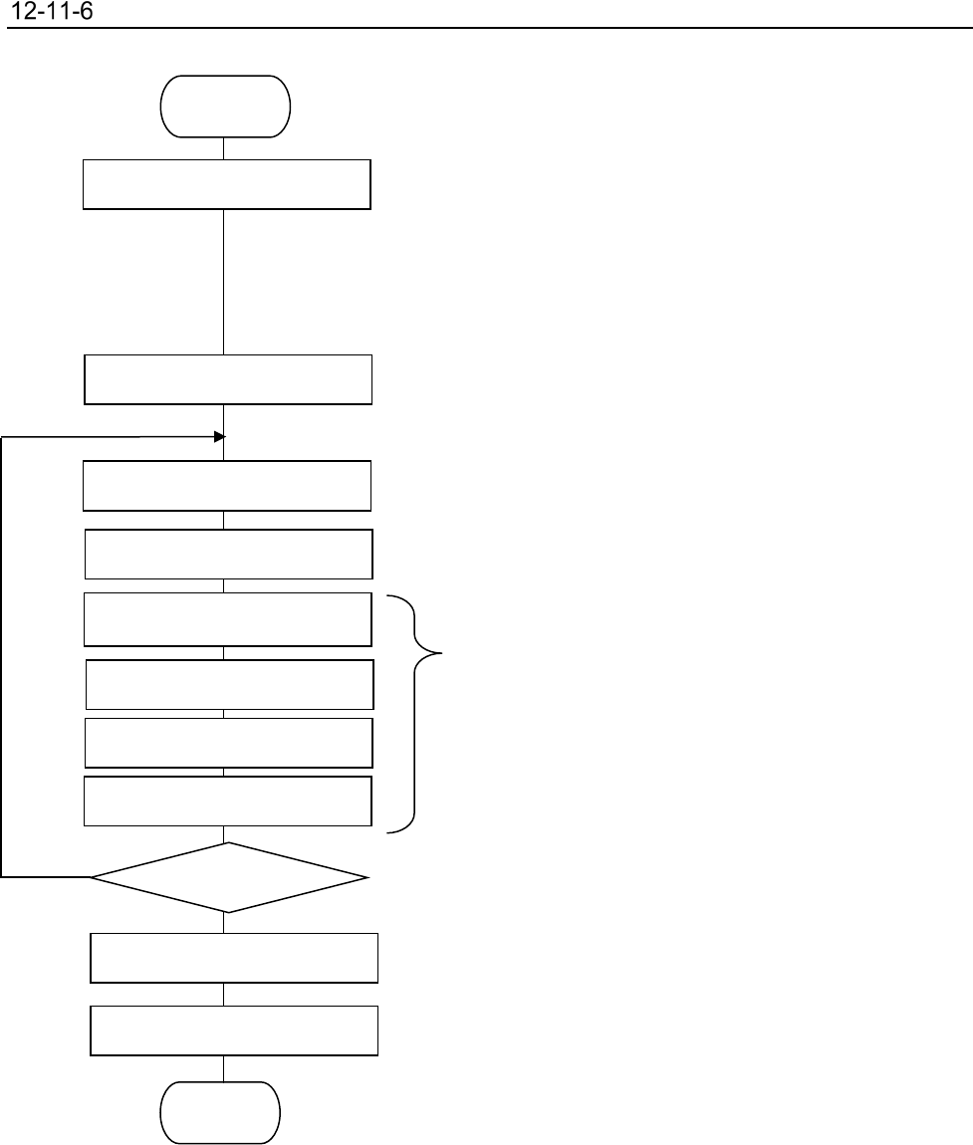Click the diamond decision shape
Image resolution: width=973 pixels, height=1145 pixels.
[229, 877]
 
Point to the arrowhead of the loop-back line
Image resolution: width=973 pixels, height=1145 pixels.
[220, 436]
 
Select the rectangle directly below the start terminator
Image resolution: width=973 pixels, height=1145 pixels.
[227, 183]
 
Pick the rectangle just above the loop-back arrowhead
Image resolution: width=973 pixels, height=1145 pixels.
[228, 378]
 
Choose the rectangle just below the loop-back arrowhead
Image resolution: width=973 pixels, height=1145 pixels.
[227, 485]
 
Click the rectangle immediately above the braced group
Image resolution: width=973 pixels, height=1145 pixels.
[229, 554]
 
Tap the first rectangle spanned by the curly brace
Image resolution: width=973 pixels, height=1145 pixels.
[228, 619]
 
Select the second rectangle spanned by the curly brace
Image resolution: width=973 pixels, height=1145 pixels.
[230, 683]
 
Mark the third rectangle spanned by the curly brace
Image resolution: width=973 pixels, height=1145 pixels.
[229, 742]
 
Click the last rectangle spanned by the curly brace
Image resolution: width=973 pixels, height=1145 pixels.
[228, 801]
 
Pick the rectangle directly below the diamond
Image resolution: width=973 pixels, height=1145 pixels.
[234, 958]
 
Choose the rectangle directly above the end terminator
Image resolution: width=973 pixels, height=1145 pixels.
[234, 1030]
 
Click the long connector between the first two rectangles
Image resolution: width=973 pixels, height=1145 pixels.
[223, 281]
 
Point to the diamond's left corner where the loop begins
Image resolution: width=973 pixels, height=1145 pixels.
[93, 877]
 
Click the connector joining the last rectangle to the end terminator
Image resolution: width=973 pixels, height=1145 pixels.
[223, 1068]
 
